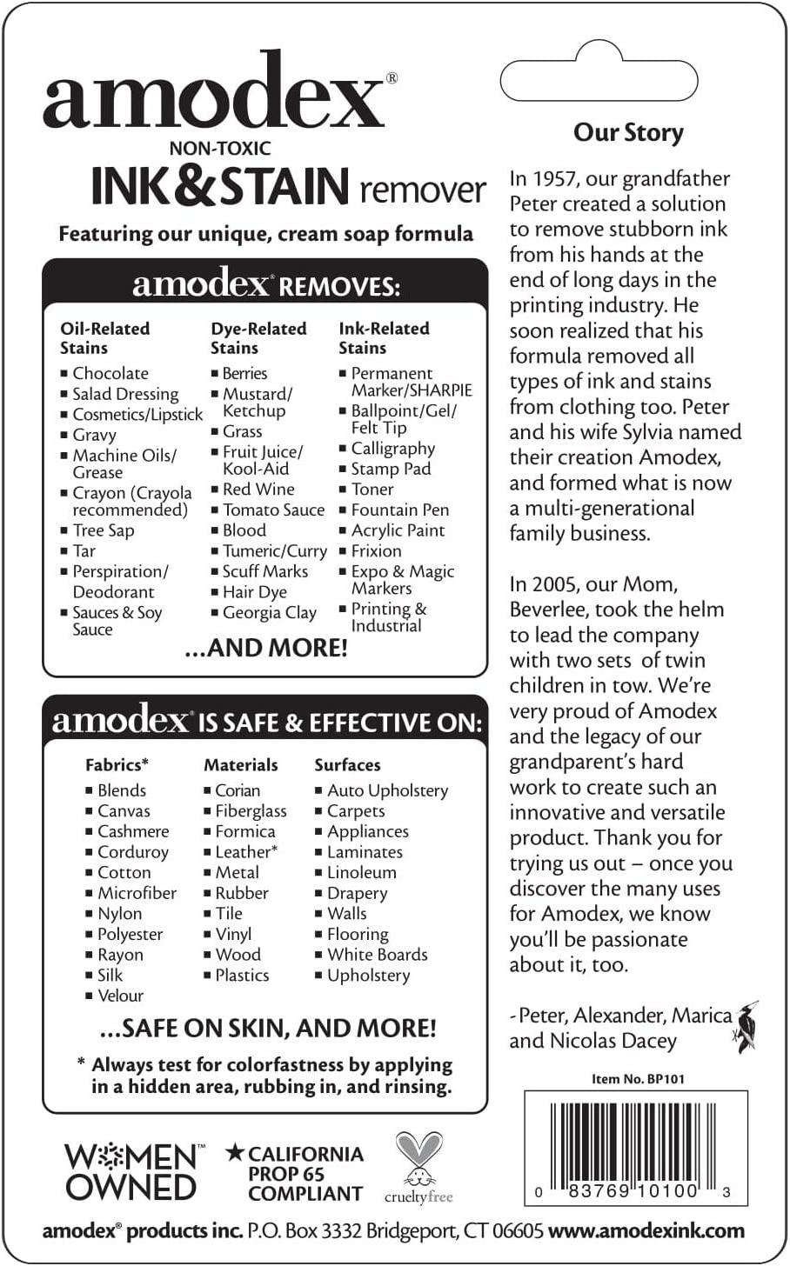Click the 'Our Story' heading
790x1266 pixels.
coord(628,132)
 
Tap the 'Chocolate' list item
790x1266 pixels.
coord(110,373)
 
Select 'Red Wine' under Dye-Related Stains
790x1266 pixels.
coord(258,490)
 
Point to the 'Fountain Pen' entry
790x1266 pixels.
coord(399,510)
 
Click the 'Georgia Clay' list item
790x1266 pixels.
coord(269,613)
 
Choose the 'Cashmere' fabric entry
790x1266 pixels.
coord(132,832)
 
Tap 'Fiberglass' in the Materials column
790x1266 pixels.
coord(251,811)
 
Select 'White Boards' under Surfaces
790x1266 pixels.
coord(377,955)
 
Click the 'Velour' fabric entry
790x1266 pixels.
coord(120,996)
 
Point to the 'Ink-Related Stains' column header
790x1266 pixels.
coord(384,338)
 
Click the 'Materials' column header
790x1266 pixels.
coord(241,765)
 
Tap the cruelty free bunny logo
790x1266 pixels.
coord(418,1167)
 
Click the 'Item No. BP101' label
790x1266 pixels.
coord(638,1079)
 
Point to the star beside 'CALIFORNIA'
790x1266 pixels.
coord(234,1154)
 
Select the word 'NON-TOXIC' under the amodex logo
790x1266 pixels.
coord(220,149)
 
